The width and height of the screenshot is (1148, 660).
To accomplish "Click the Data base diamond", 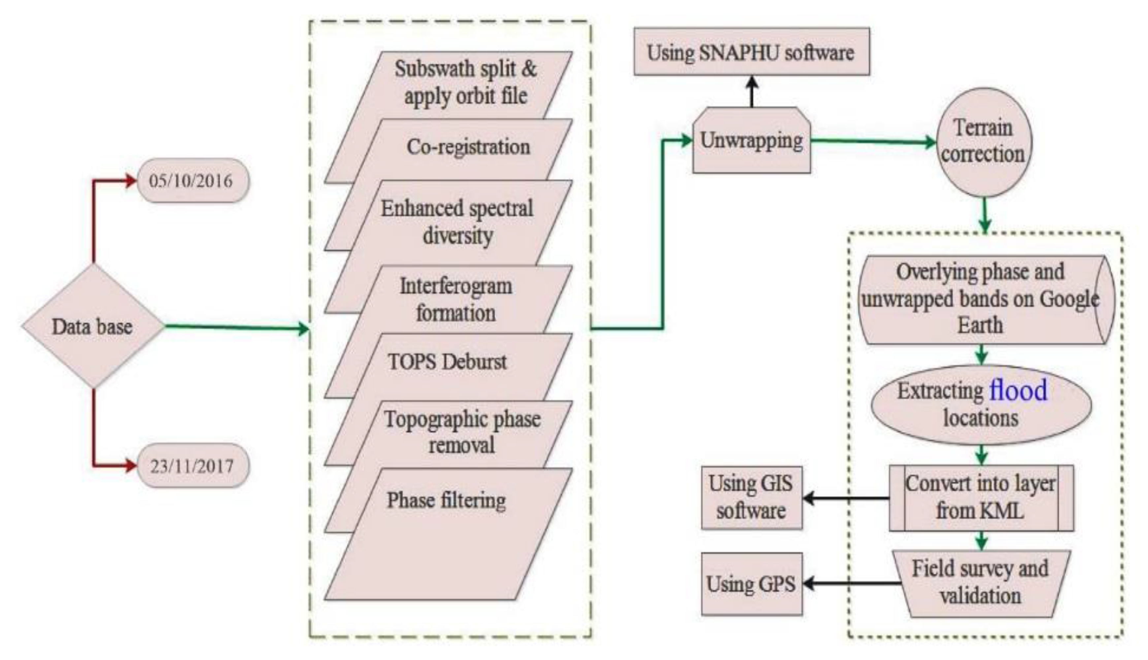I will pyautogui.click(x=93, y=327).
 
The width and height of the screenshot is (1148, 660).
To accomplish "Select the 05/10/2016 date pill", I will pyautogui.click(x=192, y=181).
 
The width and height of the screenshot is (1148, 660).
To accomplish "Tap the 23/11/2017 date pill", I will pyautogui.click(x=192, y=466).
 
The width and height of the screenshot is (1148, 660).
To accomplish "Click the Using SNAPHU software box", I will pyautogui.click(x=751, y=52).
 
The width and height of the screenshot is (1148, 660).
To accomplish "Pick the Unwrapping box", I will pyautogui.click(x=751, y=141).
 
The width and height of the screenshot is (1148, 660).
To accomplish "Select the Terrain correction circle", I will pyautogui.click(x=984, y=142).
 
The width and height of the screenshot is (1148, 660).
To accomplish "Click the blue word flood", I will pyautogui.click(x=1018, y=390).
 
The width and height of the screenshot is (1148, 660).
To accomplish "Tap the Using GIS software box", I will pyautogui.click(x=751, y=497).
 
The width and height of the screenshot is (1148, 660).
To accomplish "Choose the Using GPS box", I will pyautogui.click(x=751, y=584).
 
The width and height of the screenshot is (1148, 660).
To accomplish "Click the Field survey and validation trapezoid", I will pyautogui.click(x=981, y=583).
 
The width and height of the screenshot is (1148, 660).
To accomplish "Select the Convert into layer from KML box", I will pyautogui.click(x=981, y=497).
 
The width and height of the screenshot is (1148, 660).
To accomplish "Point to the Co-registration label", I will pyautogui.click(x=468, y=147).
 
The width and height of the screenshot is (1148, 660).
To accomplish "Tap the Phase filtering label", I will pyautogui.click(x=446, y=500).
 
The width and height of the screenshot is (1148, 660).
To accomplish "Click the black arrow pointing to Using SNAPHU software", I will pyautogui.click(x=752, y=91).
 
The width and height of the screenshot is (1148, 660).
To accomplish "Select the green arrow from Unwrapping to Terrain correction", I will pyautogui.click(x=873, y=141).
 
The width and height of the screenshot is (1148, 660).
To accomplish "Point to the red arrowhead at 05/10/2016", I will pyautogui.click(x=131, y=181).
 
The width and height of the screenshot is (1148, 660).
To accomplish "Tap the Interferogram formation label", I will pyautogui.click(x=456, y=299).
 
